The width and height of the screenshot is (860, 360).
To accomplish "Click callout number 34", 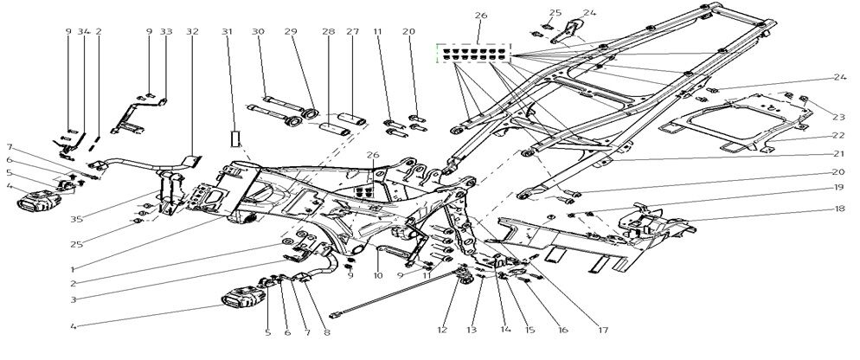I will pyautogui.click(x=84, y=32).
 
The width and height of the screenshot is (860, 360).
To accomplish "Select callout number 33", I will pyautogui.click(x=166, y=32).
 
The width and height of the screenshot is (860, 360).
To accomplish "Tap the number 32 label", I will pyautogui.click(x=192, y=32).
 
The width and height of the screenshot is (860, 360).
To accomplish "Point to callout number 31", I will pyautogui.click(x=228, y=32).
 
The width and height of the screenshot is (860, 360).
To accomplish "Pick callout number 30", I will pyautogui.click(x=258, y=32).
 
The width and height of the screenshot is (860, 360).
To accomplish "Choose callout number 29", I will pyautogui.click(x=291, y=32).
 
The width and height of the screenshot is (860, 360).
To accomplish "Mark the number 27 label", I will pyautogui.click(x=352, y=32).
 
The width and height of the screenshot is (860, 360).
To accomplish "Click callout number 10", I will pyautogui.click(x=378, y=276).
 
